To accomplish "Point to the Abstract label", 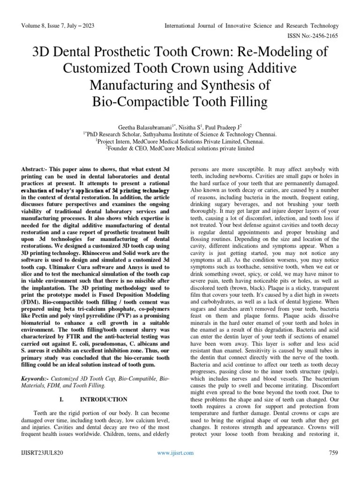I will coord(36,168).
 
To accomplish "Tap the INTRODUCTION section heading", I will coord(104,399).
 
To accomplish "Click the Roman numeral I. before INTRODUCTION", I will coord(61,399).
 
